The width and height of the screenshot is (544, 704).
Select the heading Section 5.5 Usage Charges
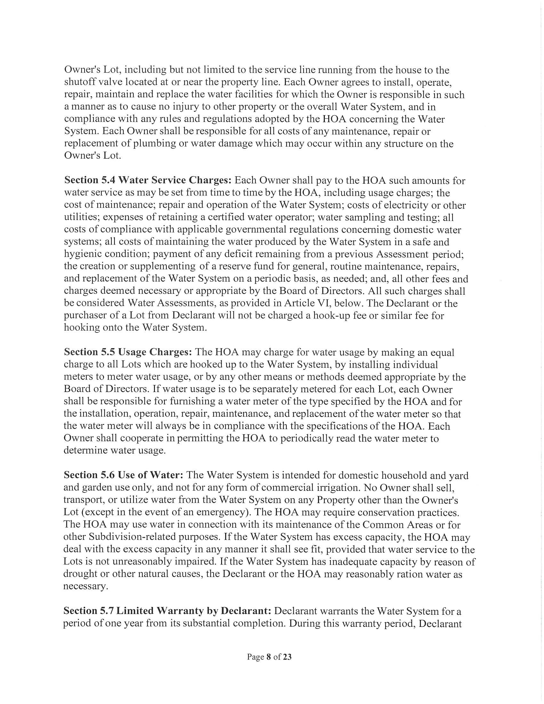point(128,352)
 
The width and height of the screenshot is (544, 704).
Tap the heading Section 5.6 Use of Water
point(124,475)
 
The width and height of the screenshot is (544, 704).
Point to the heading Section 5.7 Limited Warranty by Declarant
point(168,611)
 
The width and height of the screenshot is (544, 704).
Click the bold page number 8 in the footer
point(268,657)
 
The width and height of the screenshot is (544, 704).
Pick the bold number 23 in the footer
point(287,657)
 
